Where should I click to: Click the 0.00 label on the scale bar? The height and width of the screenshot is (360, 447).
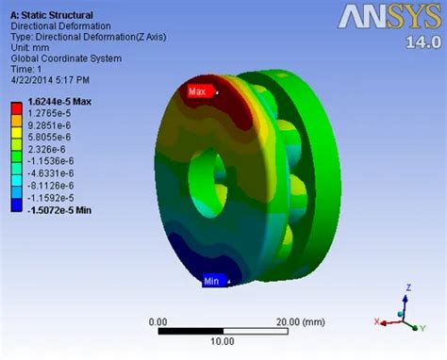tap(158, 321)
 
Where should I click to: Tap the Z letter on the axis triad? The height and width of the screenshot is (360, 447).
tap(406, 286)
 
